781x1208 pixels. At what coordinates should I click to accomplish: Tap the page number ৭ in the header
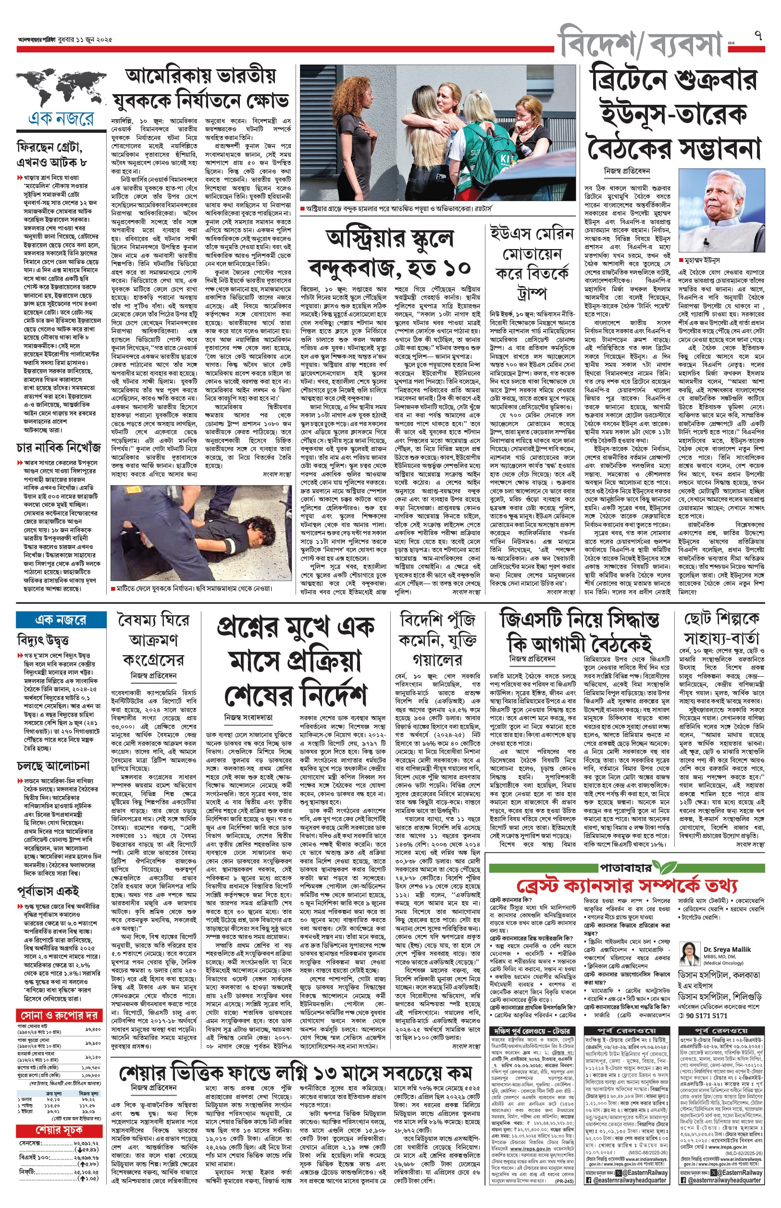click(x=757, y=36)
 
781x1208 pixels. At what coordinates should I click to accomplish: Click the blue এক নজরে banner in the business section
click(x=61, y=620)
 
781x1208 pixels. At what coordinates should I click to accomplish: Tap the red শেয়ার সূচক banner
click(x=59, y=1131)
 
